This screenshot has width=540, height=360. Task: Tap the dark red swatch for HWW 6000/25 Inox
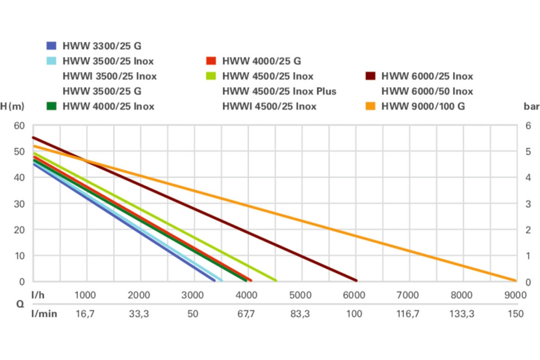click(370, 76)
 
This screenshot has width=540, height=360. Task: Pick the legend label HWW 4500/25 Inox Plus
click(279, 91)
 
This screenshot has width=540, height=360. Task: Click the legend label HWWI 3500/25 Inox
click(109, 76)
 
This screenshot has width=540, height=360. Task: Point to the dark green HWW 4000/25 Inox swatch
click(52, 106)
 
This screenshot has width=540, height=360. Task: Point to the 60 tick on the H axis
click(19, 126)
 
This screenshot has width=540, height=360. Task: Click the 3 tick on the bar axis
click(528, 204)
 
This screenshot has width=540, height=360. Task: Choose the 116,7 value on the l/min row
click(408, 314)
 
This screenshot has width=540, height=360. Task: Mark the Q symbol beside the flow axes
click(20, 304)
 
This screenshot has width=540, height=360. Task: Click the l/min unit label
click(44, 314)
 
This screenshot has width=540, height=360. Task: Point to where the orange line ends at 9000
click(515, 280)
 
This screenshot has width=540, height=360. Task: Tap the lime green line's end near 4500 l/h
click(275, 280)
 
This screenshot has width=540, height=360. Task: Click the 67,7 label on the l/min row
click(246, 314)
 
